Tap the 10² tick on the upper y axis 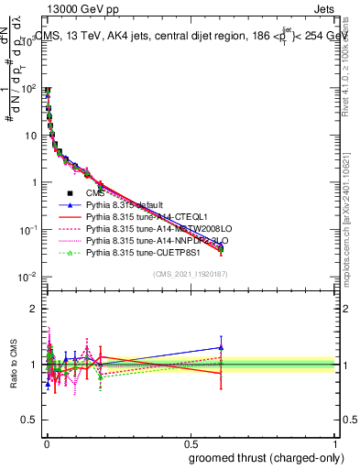(29, 89)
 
